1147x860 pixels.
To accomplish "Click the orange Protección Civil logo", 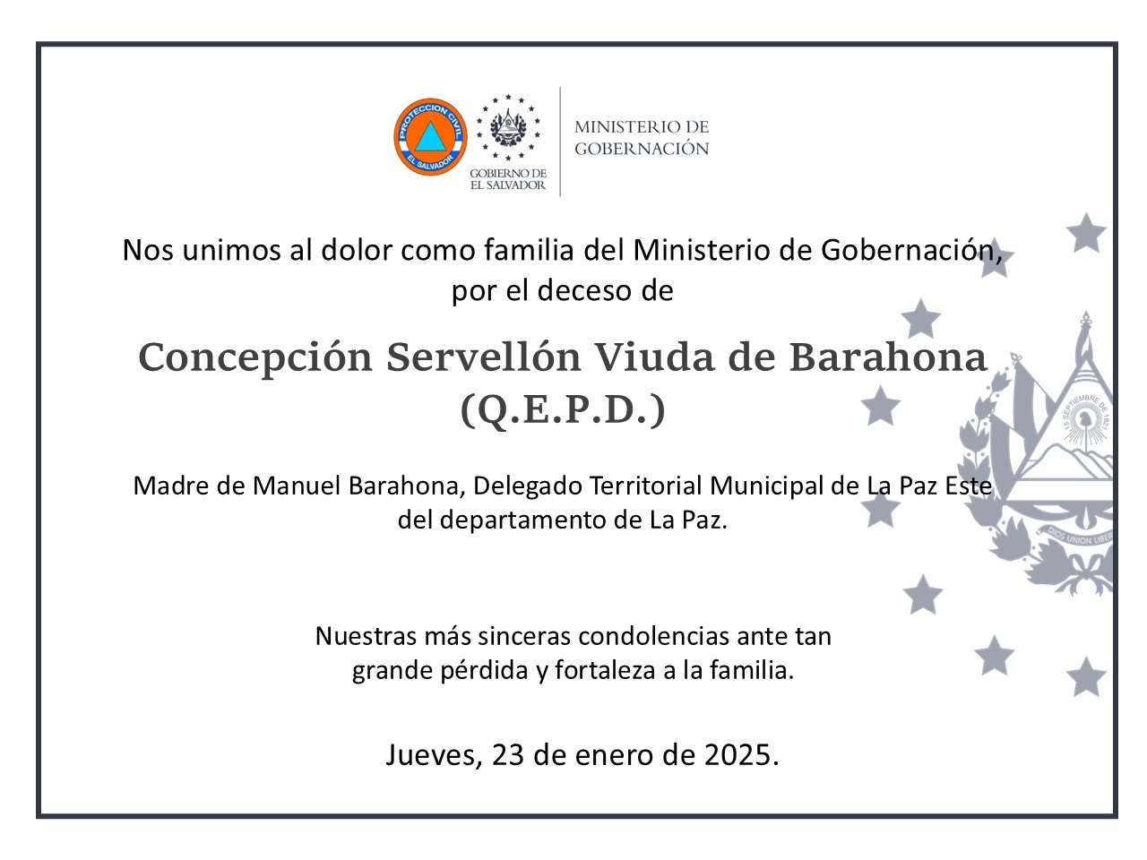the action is (x=430, y=137).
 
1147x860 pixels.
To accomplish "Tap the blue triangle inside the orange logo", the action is (x=430, y=137).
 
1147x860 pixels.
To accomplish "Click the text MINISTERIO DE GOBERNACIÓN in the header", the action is (x=642, y=137).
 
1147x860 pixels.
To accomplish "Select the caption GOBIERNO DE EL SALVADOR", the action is (x=508, y=179).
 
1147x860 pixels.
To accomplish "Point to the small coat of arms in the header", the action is (x=508, y=127).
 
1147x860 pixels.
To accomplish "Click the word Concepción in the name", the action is (x=255, y=358).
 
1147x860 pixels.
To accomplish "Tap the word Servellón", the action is (x=483, y=357).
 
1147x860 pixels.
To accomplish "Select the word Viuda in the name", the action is (x=654, y=357).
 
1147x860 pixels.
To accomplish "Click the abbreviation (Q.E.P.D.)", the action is (x=562, y=410).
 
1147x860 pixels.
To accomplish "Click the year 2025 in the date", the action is (x=737, y=755).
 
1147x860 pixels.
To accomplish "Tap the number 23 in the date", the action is (x=507, y=755).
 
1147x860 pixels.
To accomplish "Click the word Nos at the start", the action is (x=148, y=250).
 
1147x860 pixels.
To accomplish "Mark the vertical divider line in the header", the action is (x=560, y=142).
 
